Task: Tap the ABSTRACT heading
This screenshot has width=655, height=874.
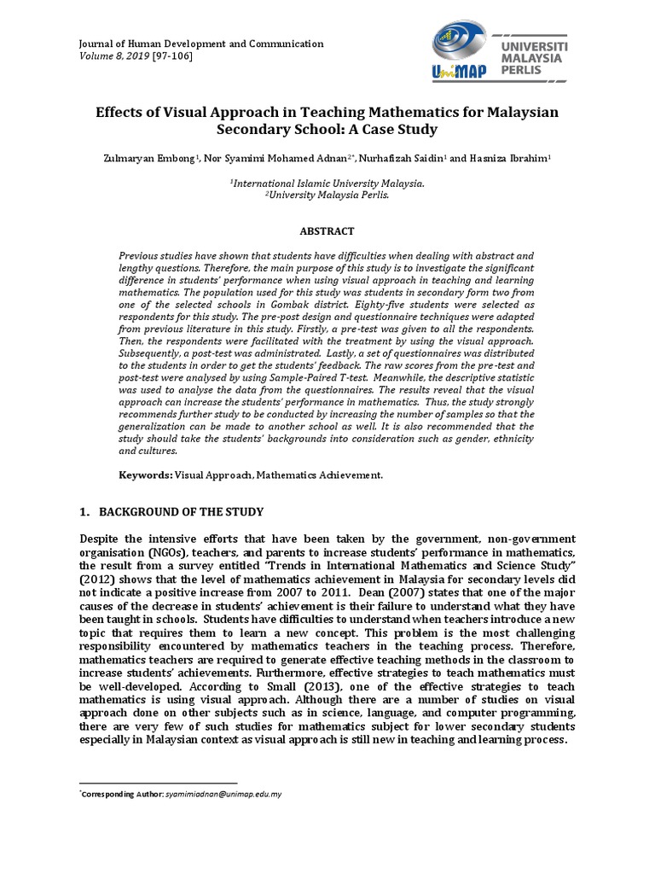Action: [326, 231]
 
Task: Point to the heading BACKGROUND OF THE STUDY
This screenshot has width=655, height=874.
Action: [182, 512]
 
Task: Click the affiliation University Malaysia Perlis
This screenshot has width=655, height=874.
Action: [327, 195]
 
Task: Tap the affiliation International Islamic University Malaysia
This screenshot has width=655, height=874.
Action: [327, 183]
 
